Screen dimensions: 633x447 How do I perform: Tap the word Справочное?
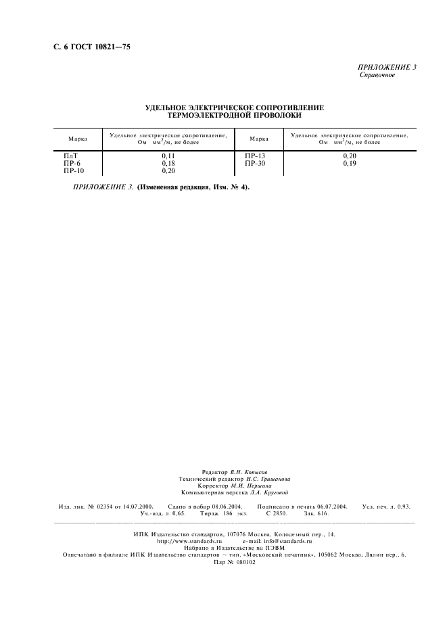(377, 75)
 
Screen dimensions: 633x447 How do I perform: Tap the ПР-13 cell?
(255, 156)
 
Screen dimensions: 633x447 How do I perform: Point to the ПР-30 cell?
(255, 164)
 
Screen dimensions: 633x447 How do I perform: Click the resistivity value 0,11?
(168, 156)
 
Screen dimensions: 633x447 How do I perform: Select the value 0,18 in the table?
(168, 164)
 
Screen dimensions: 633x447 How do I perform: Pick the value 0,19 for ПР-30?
(349, 164)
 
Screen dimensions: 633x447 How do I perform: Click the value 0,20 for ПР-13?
(349, 156)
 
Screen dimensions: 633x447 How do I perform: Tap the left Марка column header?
(77, 139)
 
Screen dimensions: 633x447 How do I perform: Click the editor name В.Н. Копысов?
(248, 471)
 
